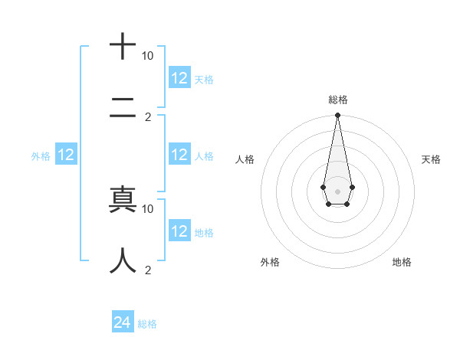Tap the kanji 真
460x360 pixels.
click(x=123, y=199)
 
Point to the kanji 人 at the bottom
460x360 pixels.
click(x=123, y=260)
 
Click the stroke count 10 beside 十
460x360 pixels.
click(x=148, y=56)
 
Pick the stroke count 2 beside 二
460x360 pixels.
click(x=148, y=117)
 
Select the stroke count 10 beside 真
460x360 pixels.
click(x=148, y=208)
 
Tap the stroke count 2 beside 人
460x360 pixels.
click(x=148, y=270)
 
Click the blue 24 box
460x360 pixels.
click(x=123, y=322)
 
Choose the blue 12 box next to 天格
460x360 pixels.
click(x=179, y=77)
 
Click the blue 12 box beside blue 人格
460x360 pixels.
click(x=179, y=155)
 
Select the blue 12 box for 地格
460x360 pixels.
click(x=179, y=231)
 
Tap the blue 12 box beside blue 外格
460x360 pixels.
click(x=66, y=155)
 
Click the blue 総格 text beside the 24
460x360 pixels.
click(x=147, y=324)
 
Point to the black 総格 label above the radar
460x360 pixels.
click(x=337, y=100)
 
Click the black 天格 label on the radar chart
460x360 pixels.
click(x=431, y=159)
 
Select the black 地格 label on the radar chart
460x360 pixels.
click(x=402, y=262)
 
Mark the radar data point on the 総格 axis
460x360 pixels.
click(x=337, y=116)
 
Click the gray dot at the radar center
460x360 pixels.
click(x=337, y=191)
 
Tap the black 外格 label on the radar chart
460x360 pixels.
click(x=270, y=262)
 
